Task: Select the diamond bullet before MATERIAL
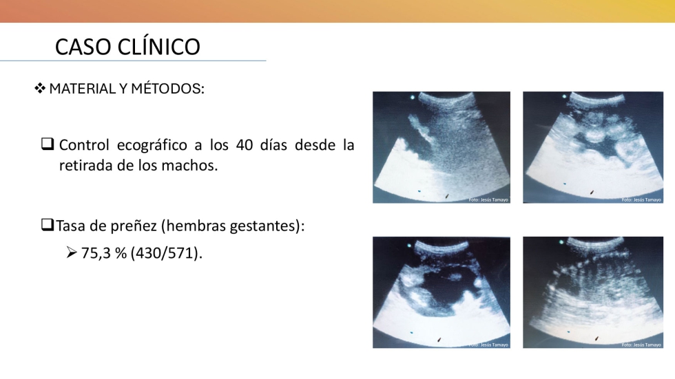(x=40, y=89)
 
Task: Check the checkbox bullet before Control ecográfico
(x=48, y=144)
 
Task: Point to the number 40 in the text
(x=244, y=145)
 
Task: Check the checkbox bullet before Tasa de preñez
(x=48, y=224)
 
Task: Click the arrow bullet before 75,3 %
(x=72, y=252)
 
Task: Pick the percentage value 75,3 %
(x=104, y=253)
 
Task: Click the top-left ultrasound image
(x=442, y=147)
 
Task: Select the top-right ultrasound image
(x=593, y=147)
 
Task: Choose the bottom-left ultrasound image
(x=442, y=292)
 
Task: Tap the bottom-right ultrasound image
(x=593, y=292)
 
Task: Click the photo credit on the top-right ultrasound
(x=641, y=199)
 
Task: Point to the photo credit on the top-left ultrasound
(x=488, y=199)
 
